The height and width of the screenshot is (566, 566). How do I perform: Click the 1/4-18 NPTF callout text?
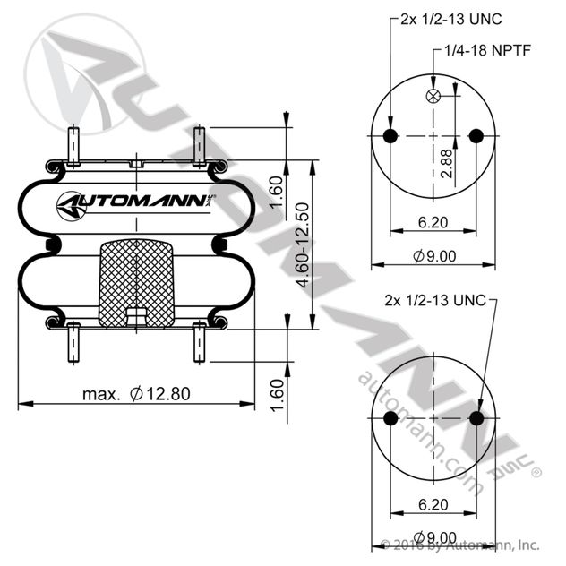click(x=487, y=50)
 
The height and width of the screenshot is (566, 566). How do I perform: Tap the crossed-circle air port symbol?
click(x=433, y=96)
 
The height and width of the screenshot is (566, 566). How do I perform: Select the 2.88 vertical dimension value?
click(x=447, y=164)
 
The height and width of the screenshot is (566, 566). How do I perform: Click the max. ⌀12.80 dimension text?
click(x=136, y=393)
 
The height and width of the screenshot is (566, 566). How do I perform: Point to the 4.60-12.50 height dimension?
click(x=303, y=245)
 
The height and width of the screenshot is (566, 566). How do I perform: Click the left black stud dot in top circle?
click(x=390, y=136)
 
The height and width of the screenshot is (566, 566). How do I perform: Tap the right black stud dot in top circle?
click(x=476, y=136)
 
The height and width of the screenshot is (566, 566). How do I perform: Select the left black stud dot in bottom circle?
click(x=390, y=418)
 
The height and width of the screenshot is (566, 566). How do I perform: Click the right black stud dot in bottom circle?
click(x=476, y=418)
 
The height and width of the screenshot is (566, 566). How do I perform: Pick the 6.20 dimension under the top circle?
click(x=433, y=222)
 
